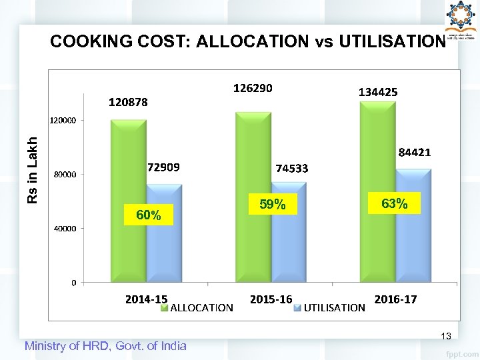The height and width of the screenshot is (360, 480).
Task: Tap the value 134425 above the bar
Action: [378, 92]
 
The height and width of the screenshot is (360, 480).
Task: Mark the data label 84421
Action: [415, 152]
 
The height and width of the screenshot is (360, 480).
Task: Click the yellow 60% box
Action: [148, 215]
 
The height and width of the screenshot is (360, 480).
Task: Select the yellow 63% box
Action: [395, 203]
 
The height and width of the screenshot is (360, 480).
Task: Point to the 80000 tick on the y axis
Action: [65, 175]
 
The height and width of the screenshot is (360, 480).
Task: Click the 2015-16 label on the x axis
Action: [271, 299]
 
